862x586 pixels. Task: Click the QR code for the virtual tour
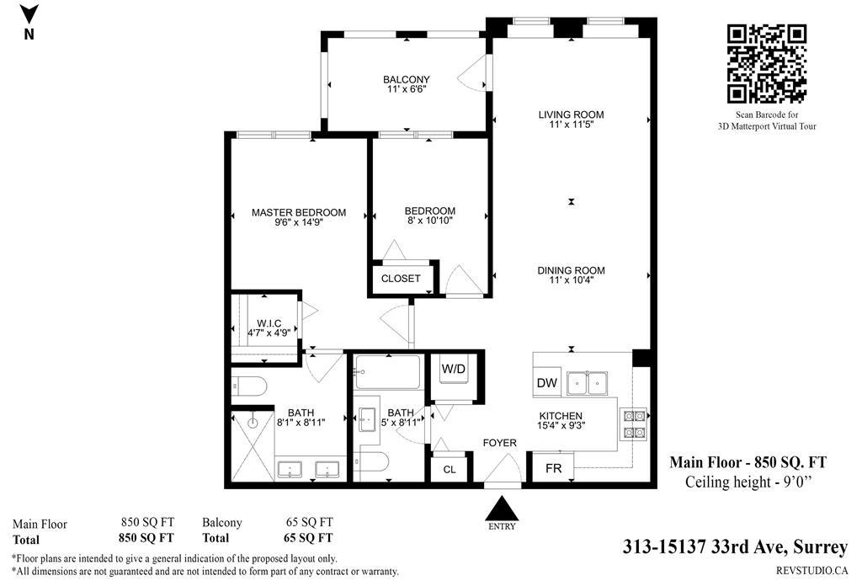pos(766,64)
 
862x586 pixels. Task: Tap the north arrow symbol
pos(29,14)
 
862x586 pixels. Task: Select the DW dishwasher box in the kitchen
pos(546,382)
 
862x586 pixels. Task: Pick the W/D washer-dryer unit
pos(454,375)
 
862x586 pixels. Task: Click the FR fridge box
pos(553,468)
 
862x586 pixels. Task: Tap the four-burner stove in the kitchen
pos(634,424)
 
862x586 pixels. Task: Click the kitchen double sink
pos(588,383)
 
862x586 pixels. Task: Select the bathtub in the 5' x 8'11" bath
pos(387,372)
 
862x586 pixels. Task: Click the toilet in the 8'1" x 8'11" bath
pos(249,386)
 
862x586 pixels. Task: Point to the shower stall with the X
pos(253,445)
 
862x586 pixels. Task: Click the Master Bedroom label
pos(299,212)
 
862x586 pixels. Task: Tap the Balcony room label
pos(407,79)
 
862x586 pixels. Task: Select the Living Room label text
pos(572,115)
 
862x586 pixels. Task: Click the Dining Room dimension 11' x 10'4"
pos(572,280)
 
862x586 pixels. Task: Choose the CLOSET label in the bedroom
pos(401,279)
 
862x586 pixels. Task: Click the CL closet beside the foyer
pos(450,470)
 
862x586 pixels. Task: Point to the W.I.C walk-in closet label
pos(269,323)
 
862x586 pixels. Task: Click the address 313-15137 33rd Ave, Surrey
pos(735,547)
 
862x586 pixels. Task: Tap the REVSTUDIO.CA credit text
pos(812,571)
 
